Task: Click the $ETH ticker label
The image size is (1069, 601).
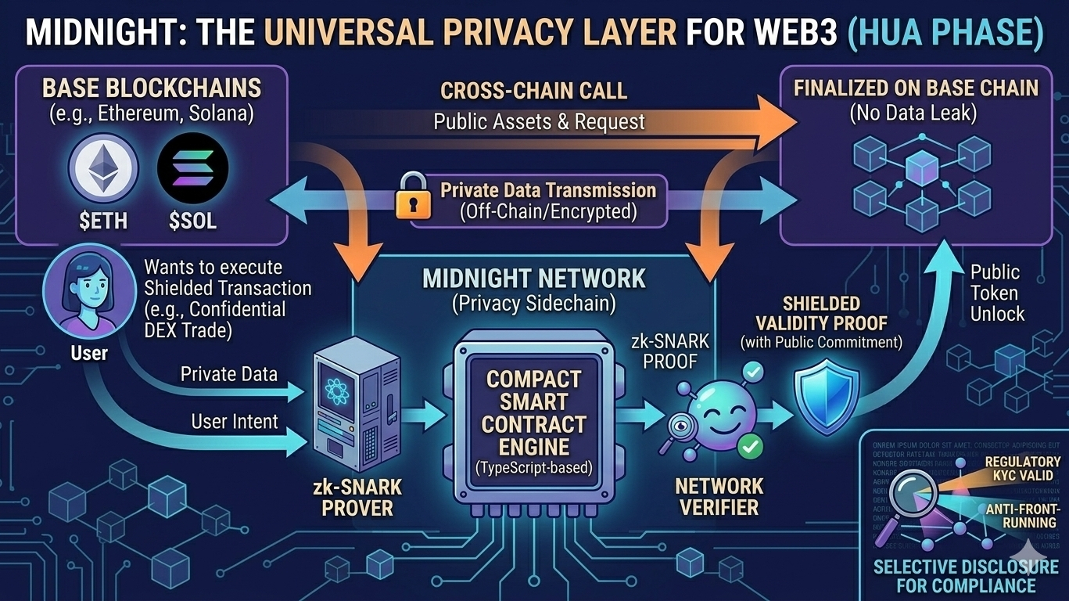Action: point(103,221)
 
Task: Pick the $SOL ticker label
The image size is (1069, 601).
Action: point(192,221)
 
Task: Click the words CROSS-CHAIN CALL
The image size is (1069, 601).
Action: point(533,91)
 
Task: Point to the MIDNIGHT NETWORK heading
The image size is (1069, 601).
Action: point(534,279)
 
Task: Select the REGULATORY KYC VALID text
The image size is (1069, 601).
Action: point(1022,471)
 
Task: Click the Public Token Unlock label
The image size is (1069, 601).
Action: point(997,293)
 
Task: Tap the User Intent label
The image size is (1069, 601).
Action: point(235,422)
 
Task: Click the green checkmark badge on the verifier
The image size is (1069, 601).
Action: point(751,447)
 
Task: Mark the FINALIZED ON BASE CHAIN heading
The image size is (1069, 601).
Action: point(916,88)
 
